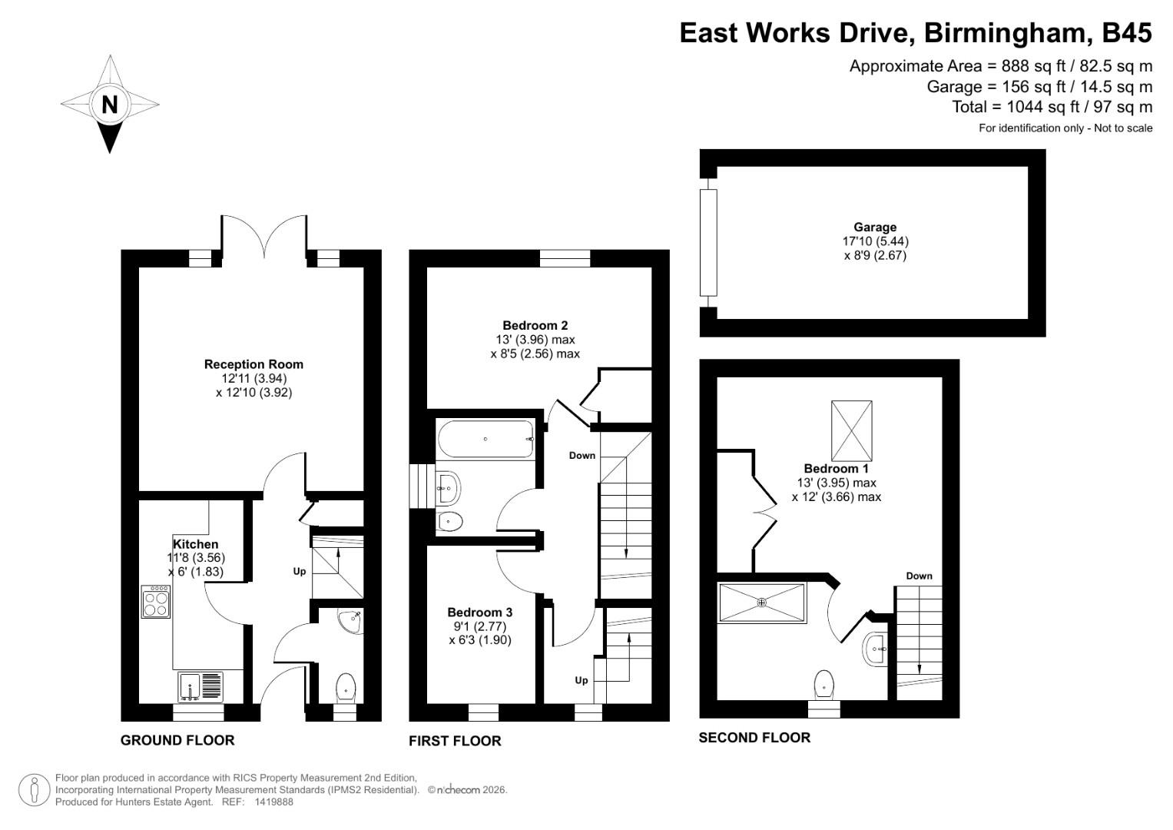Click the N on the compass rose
[x=110, y=104]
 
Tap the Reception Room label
[x=253, y=364]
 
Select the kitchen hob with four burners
[x=156, y=602]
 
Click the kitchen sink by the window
[x=201, y=686]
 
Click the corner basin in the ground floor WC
[x=353, y=620]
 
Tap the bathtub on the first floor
[x=485, y=440]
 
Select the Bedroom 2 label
[x=535, y=325]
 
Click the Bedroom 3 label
[x=479, y=613]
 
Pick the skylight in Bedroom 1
[x=852, y=430]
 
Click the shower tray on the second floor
[x=762, y=603]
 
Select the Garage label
[x=875, y=227]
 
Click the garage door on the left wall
[x=707, y=242]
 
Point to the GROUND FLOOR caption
[x=177, y=740]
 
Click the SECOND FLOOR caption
[x=754, y=738]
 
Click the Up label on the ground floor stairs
[x=300, y=572]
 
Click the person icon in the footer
[x=35, y=790]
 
